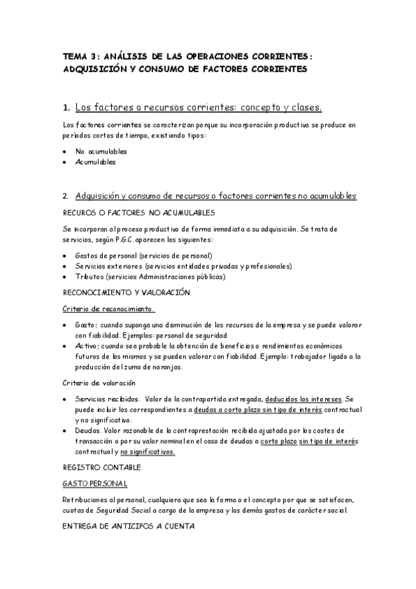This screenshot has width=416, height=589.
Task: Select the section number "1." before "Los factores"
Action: click(x=66, y=108)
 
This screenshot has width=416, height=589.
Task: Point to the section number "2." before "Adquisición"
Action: click(x=66, y=196)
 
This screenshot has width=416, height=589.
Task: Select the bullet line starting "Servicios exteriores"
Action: click(x=183, y=266)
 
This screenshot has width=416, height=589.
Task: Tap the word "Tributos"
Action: click(x=91, y=276)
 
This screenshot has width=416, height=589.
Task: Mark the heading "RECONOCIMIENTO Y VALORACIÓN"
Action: click(x=126, y=292)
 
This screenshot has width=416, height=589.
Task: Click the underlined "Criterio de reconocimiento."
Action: click(x=108, y=309)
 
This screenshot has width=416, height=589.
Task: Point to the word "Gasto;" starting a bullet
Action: click(x=87, y=325)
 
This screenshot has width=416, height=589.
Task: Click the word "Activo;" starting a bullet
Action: click(x=88, y=345)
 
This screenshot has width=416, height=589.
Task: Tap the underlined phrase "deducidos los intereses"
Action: click(x=304, y=399)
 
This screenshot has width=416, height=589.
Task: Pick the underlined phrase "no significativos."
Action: click(x=147, y=451)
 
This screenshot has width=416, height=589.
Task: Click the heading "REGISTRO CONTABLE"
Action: click(x=101, y=467)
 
